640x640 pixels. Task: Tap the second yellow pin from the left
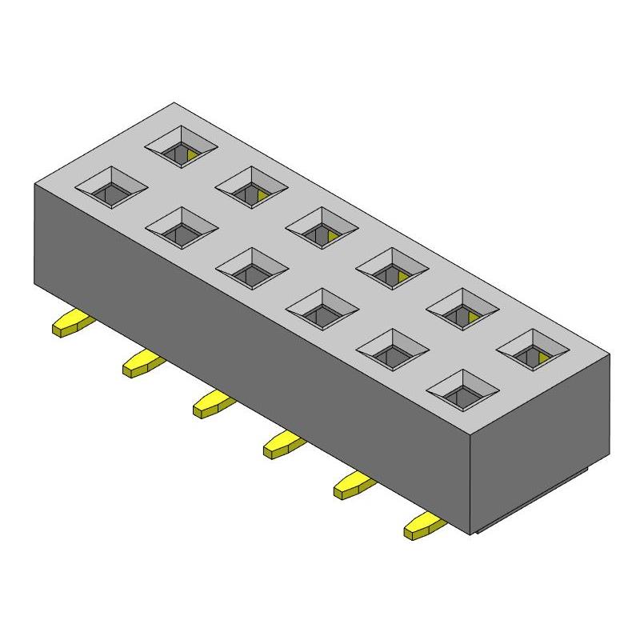(x=142, y=364)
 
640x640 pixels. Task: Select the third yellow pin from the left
(x=213, y=405)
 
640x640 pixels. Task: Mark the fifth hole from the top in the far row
(x=463, y=308)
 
